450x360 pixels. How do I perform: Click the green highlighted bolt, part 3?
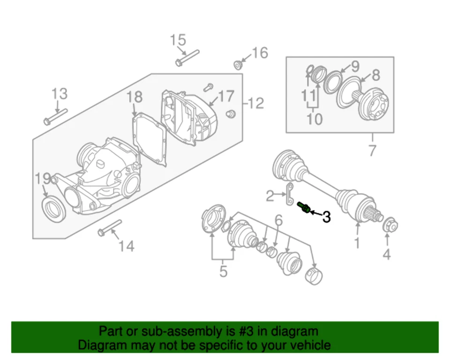[x=304, y=208]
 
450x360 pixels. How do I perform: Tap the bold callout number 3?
[x=326, y=217]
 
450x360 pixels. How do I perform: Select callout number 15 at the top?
[x=178, y=40]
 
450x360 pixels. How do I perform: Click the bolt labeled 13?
[x=55, y=117]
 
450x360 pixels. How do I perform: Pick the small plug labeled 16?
[x=238, y=64]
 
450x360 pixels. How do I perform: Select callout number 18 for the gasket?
[x=135, y=97]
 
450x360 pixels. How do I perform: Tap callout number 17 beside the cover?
[x=225, y=97]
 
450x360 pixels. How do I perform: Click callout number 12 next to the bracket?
[x=256, y=104]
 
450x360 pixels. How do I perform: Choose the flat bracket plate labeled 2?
[x=289, y=195]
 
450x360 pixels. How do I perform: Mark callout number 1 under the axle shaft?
[x=357, y=243]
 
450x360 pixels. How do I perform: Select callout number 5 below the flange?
[x=224, y=271]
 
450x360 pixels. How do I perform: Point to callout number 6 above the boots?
[x=278, y=219]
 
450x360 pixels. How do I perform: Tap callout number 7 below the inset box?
[x=373, y=151]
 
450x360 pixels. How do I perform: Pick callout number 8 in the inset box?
[x=376, y=75]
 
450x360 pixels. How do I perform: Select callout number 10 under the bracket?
[x=315, y=119]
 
